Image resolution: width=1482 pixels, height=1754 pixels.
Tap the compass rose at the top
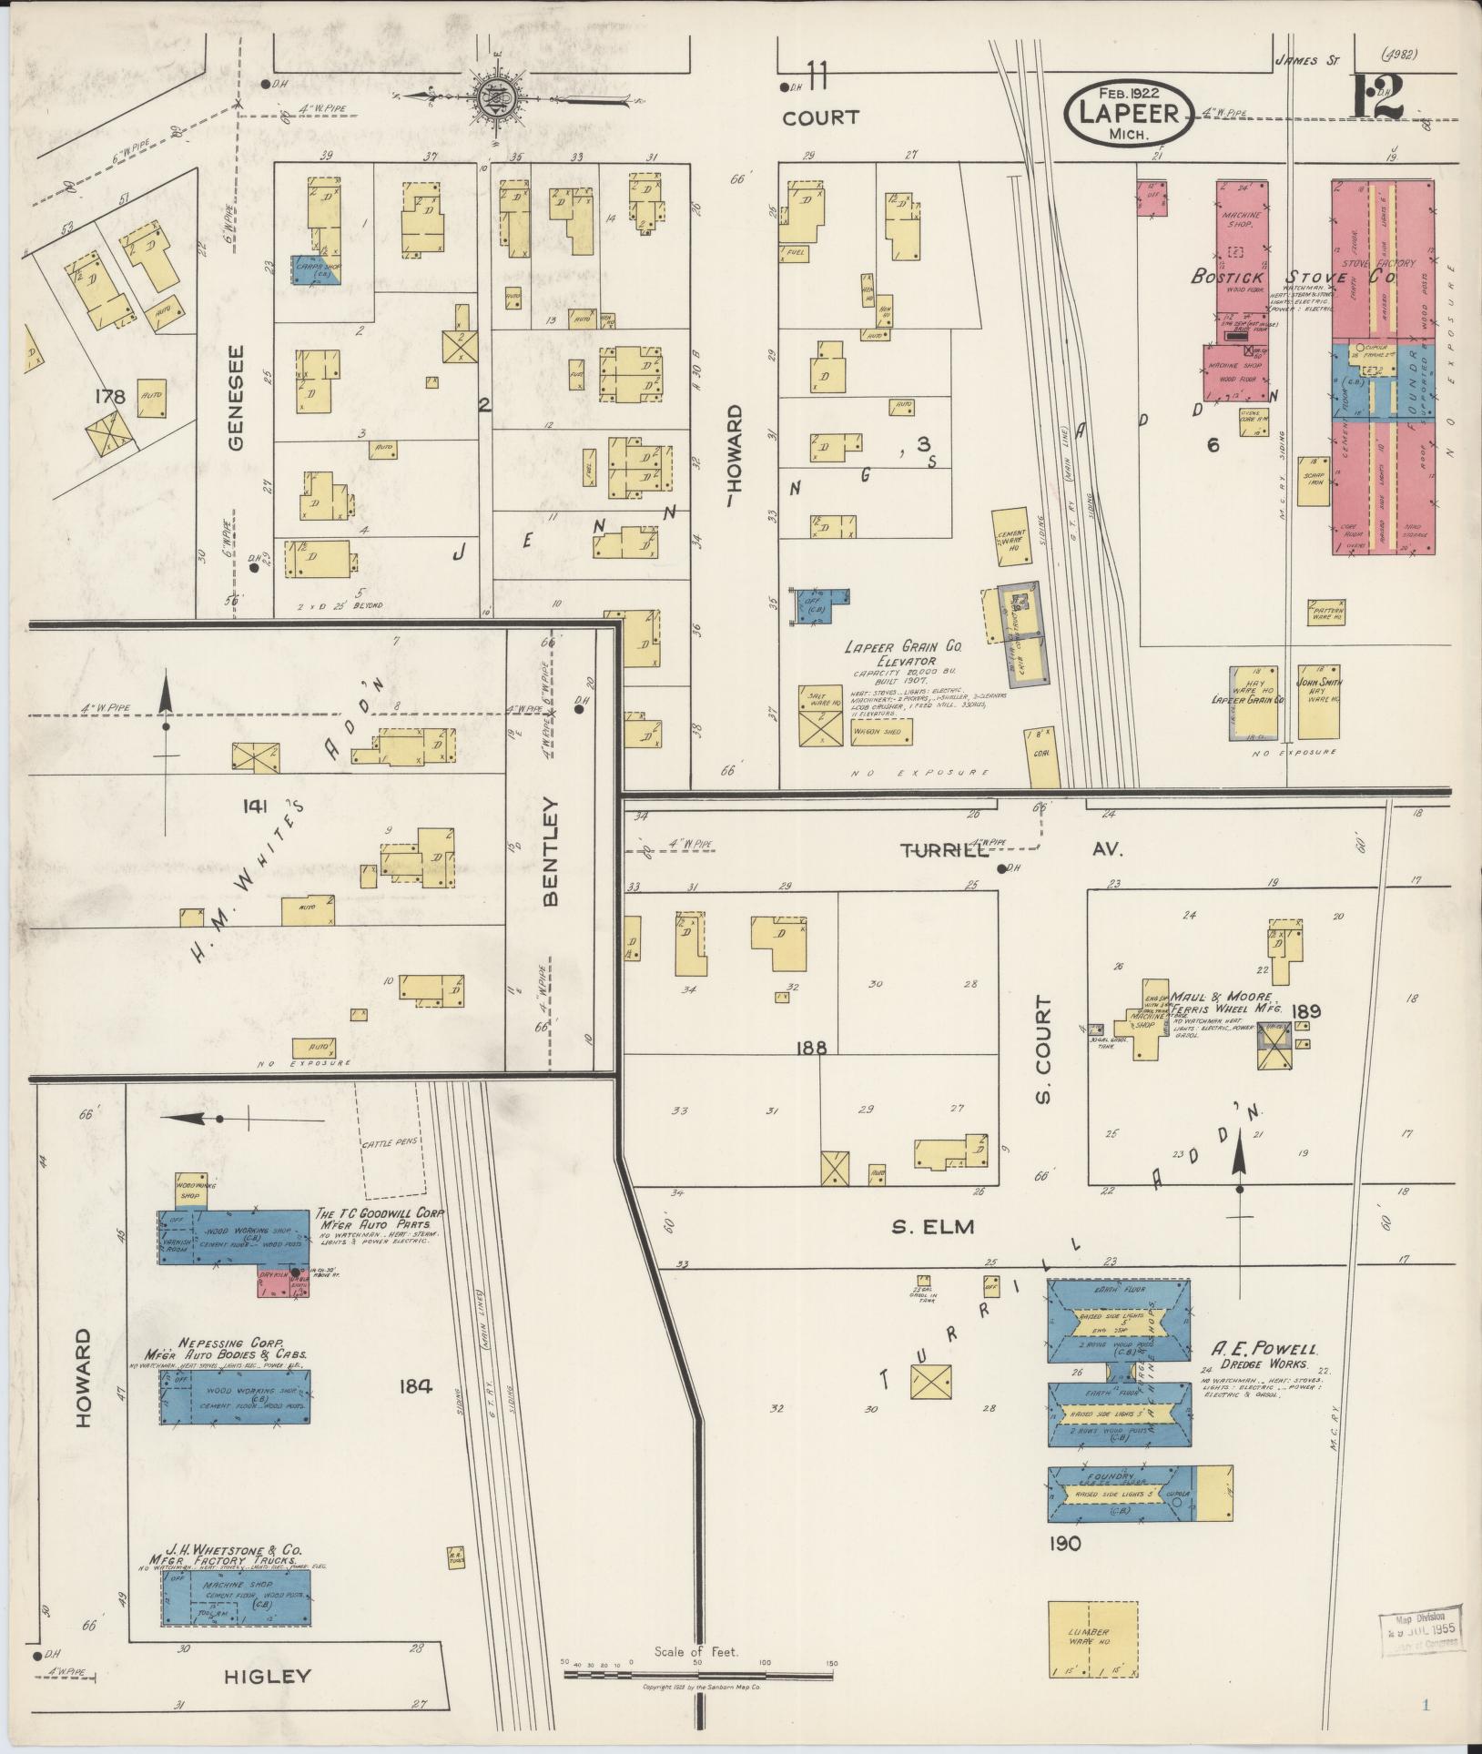tap(496, 95)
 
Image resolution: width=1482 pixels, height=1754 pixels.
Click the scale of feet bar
tap(697, 1671)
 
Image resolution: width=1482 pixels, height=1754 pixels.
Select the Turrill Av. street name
tap(1010, 850)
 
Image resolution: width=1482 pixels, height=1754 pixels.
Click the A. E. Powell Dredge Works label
tap(1264, 1357)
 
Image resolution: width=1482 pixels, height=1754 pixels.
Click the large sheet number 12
tap(1375, 98)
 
